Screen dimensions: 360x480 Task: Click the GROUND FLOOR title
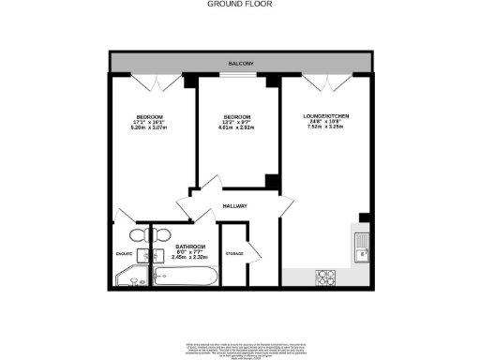pyautogui.click(x=239, y=4)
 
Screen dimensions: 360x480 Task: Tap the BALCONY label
pyautogui.click(x=239, y=64)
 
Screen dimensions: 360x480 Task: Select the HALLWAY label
pyautogui.click(x=234, y=206)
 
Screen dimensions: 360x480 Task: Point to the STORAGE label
pyautogui.click(x=234, y=254)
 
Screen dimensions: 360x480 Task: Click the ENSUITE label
pyautogui.click(x=124, y=252)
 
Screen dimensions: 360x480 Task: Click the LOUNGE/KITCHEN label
pyautogui.click(x=325, y=115)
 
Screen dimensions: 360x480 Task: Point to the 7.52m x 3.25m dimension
pyautogui.click(x=325, y=127)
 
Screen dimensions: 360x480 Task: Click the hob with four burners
pyautogui.click(x=326, y=277)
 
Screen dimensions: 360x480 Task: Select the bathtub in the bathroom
pyautogui.click(x=186, y=277)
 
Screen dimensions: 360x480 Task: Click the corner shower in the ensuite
pyautogui.click(x=126, y=277)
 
